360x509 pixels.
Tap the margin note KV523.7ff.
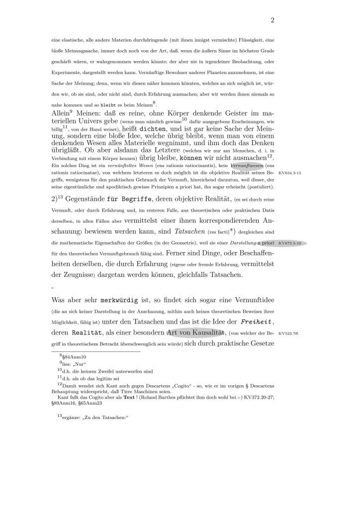pos(289,334)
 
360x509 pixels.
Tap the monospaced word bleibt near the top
pos(109,106)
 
